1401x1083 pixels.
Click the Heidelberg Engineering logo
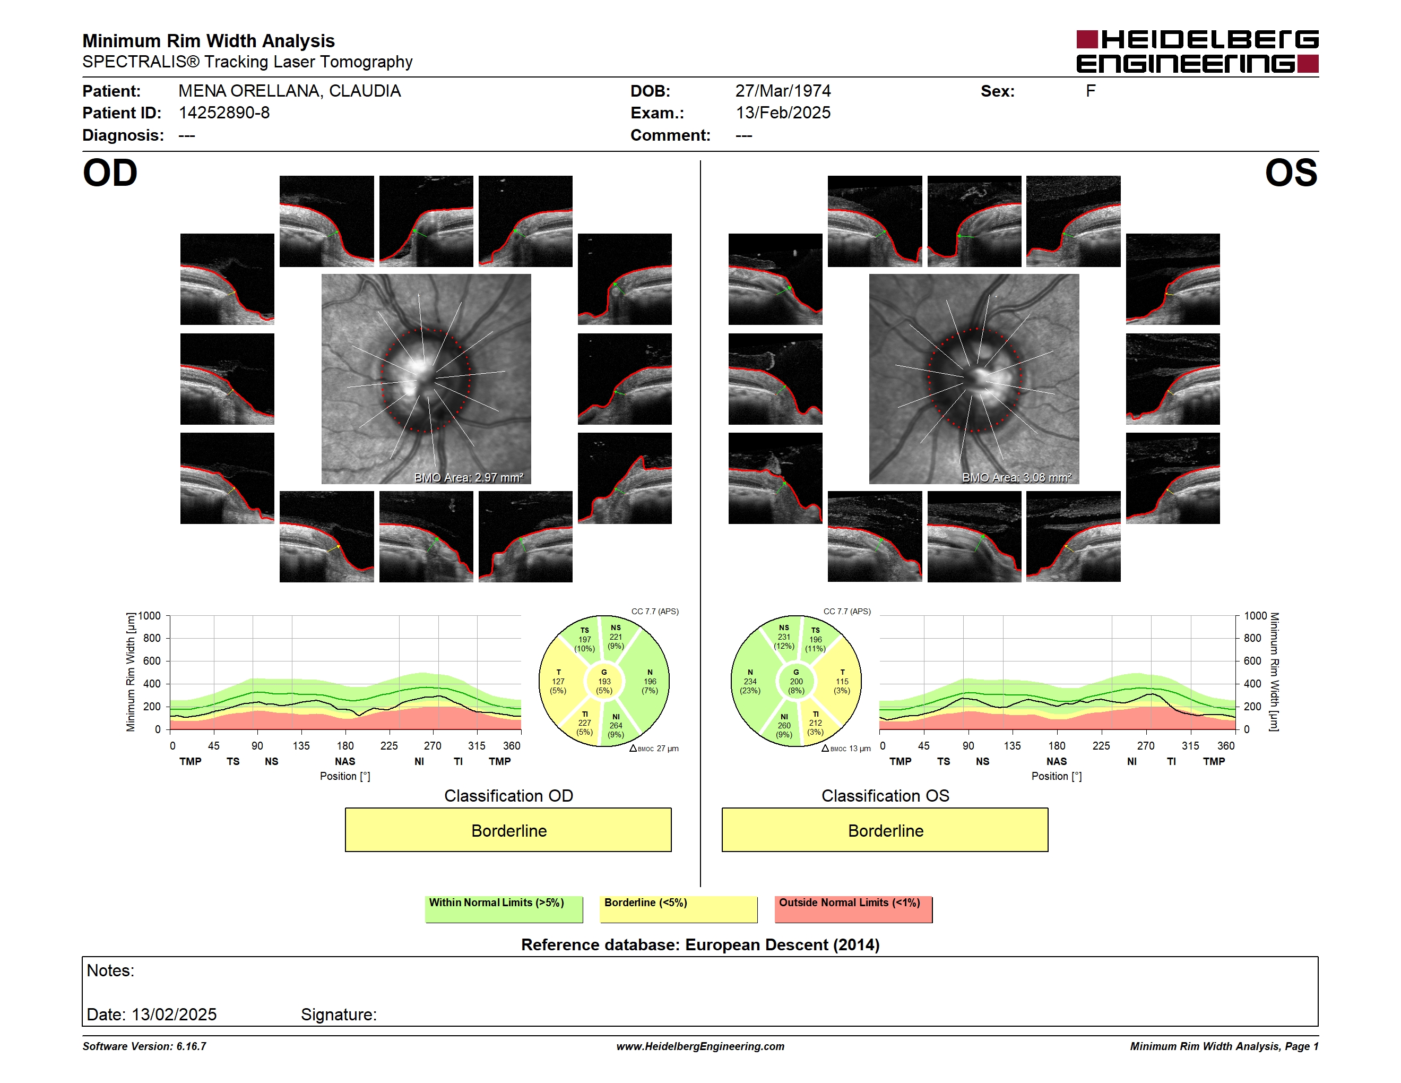(x=1197, y=51)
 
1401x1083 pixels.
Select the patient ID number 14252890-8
(x=224, y=113)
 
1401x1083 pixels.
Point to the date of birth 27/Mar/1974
(x=783, y=91)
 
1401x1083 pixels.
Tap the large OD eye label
(x=110, y=173)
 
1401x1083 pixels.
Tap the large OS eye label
(x=1291, y=173)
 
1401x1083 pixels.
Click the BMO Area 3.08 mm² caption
(x=1017, y=477)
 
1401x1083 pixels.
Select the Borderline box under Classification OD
(x=508, y=830)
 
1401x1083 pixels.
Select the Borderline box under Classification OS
(x=885, y=830)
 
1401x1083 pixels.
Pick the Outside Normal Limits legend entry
(x=853, y=909)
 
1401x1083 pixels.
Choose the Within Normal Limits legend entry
(x=504, y=909)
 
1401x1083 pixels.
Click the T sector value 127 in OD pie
(x=558, y=681)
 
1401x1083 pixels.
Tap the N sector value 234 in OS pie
(x=750, y=681)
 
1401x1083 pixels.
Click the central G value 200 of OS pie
(x=796, y=681)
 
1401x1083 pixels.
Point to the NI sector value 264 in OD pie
(x=616, y=726)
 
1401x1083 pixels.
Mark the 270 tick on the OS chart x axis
(x=1146, y=745)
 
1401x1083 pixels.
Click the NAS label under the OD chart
(x=345, y=762)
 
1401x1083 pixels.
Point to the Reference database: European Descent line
(x=700, y=944)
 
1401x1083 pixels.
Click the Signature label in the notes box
(x=339, y=1015)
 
